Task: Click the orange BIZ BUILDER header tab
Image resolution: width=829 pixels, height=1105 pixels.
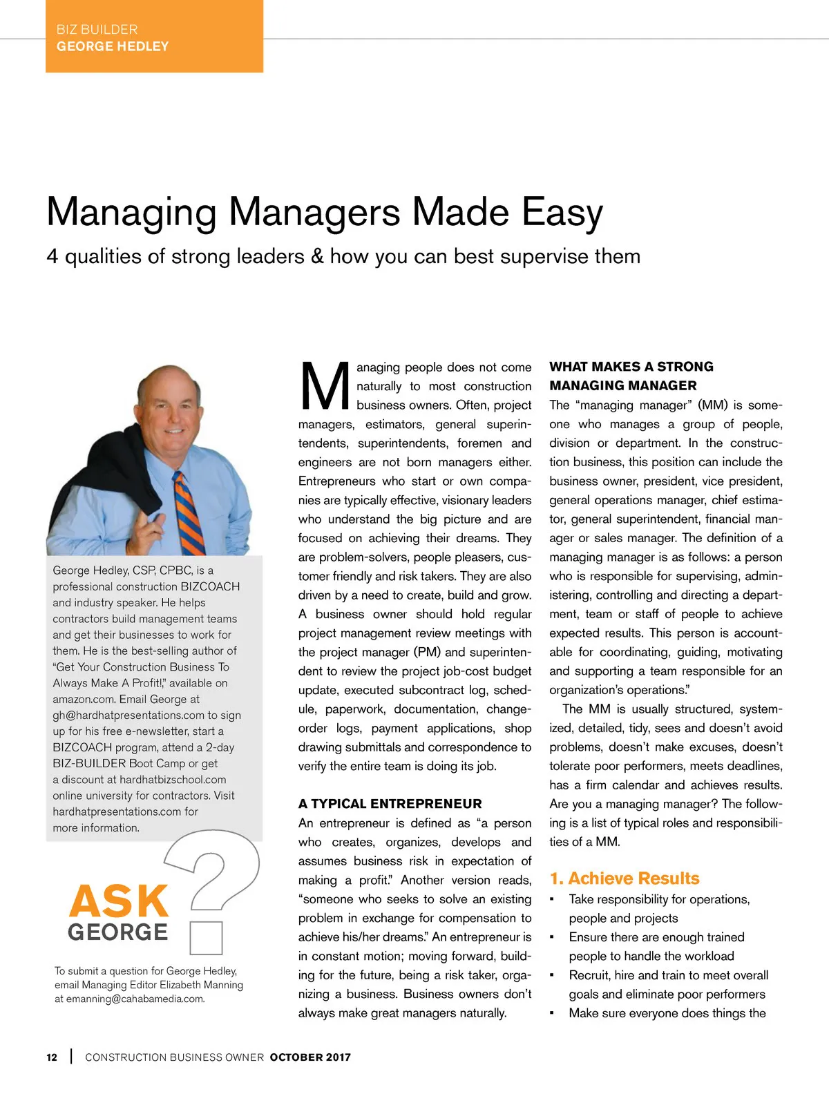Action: coord(154,36)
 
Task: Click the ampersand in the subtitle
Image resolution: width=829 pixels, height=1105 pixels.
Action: coord(317,256)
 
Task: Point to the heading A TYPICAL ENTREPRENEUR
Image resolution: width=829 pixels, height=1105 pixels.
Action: coord(390,804)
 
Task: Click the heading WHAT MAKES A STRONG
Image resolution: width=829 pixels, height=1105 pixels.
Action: coord(631,367)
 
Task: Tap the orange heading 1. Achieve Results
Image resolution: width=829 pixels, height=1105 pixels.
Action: coord(625,878)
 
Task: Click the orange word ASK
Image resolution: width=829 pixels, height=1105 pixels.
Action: coord(118,901)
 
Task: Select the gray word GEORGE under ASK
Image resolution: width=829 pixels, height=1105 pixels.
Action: coord(118,932)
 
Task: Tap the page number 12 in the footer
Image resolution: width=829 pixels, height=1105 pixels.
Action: coord(52,1057)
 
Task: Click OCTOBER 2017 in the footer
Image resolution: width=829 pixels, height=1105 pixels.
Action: coord(310,1057)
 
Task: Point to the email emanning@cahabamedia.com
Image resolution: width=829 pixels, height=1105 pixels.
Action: coord(135,999)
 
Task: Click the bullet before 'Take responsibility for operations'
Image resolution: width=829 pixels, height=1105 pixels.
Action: coord(552,899)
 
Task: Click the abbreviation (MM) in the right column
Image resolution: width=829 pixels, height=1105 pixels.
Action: coord(712,405)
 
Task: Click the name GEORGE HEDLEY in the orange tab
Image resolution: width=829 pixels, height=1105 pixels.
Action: coord(113,46)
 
